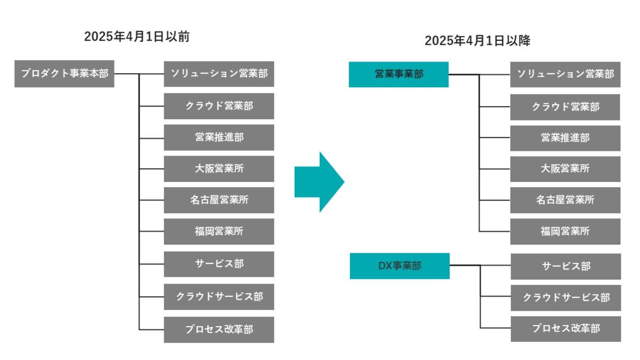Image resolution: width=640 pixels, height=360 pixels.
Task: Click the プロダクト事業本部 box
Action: tap(64, 74)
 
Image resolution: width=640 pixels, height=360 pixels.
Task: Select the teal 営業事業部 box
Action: tap(399, 75)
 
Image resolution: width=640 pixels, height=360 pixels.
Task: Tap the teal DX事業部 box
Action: tap(400, 266)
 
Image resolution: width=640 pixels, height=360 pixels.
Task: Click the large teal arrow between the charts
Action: tap(319, 182)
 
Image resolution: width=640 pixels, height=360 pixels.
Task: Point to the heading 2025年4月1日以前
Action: tap(137, 37)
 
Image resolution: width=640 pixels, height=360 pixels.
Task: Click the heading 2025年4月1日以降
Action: tap(478, 41)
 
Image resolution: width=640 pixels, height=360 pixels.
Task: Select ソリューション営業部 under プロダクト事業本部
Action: tap(219, 74)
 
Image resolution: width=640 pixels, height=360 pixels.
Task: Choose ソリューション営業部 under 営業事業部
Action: tap(565, 75)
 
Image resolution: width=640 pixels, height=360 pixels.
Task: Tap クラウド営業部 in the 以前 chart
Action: tap(219, 106)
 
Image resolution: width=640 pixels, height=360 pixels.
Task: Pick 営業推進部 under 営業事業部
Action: tap(565, 138)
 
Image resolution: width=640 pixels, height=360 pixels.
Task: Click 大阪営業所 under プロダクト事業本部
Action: tap(219, 169)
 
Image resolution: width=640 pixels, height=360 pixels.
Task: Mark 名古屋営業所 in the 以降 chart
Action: tap(565, 200)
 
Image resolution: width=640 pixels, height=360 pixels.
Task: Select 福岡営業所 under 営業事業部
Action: tap(565, 231)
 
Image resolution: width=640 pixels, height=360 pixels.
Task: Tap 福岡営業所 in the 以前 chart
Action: tap(219, 231)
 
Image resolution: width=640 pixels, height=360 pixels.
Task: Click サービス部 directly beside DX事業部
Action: tap(566, 266)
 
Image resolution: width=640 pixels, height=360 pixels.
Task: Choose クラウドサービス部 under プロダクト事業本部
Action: tap(219, 297)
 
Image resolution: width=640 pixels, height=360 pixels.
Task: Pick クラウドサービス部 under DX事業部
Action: tap(566, 298)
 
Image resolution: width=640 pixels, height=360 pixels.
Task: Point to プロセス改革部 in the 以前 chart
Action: tap(219, 330)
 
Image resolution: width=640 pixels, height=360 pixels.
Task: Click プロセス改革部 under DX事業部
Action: tap(566, 329)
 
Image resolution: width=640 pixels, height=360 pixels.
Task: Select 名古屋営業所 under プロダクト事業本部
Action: tap(219, 200)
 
